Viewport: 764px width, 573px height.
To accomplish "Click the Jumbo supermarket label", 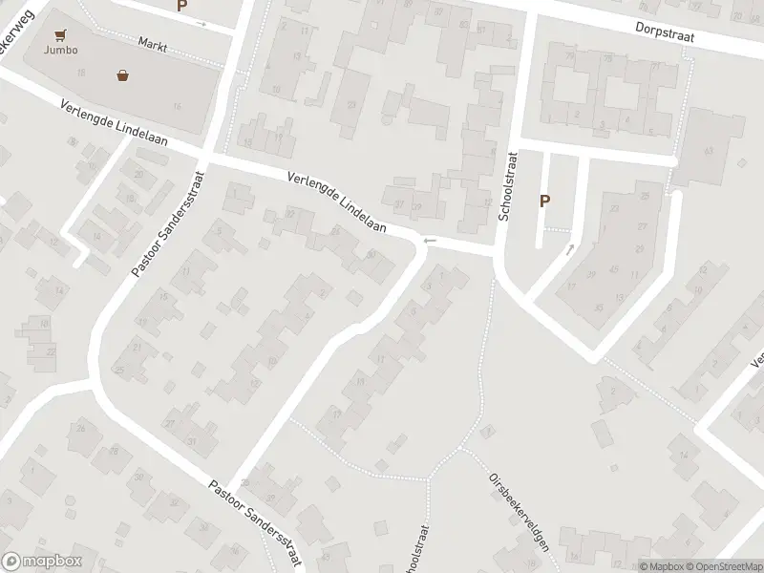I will click(x=60, y=51).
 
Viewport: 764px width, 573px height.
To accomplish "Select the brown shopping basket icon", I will click(x=123, y=74).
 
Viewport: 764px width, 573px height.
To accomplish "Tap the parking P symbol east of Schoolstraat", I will click(x=545, y=201).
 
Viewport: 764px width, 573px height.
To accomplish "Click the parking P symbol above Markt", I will click(x=182, y=6).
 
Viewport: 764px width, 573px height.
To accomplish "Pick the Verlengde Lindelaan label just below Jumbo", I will click(x=113, y=124).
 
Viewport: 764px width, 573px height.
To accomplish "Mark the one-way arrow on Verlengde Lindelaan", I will click(x=430, y=241).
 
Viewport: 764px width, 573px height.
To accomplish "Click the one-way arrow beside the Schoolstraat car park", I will click(x=570, y=249).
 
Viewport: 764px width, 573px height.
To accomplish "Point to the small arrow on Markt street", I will click(x=202, y=23).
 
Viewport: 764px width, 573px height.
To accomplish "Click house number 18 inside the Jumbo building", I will click(x=81, y=73).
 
